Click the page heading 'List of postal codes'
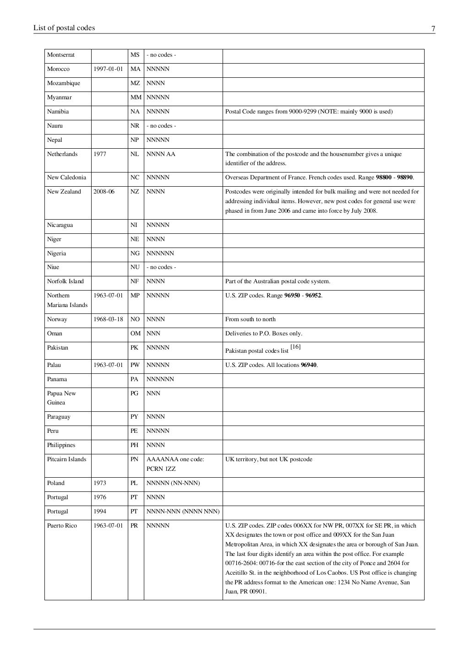(64, 28)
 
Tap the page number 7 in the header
(433, 29)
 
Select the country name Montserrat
(60, 55)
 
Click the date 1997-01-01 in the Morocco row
(108, 69)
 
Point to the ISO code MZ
(135, 83)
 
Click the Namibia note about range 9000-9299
(309, 112)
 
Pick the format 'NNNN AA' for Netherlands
(161, 154)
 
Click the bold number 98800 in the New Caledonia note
(384, 178)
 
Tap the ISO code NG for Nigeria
(135, 253)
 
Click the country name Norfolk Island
(65, 281)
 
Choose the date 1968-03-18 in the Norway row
(108, 319)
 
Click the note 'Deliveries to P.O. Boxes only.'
(263, 334)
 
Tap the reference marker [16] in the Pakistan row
(295, 347)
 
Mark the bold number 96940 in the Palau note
(308, 365)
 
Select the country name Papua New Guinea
(61, 398)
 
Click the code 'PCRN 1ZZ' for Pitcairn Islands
(161, 469)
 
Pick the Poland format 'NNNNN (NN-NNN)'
(173, 483)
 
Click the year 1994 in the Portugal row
(100, 512)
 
